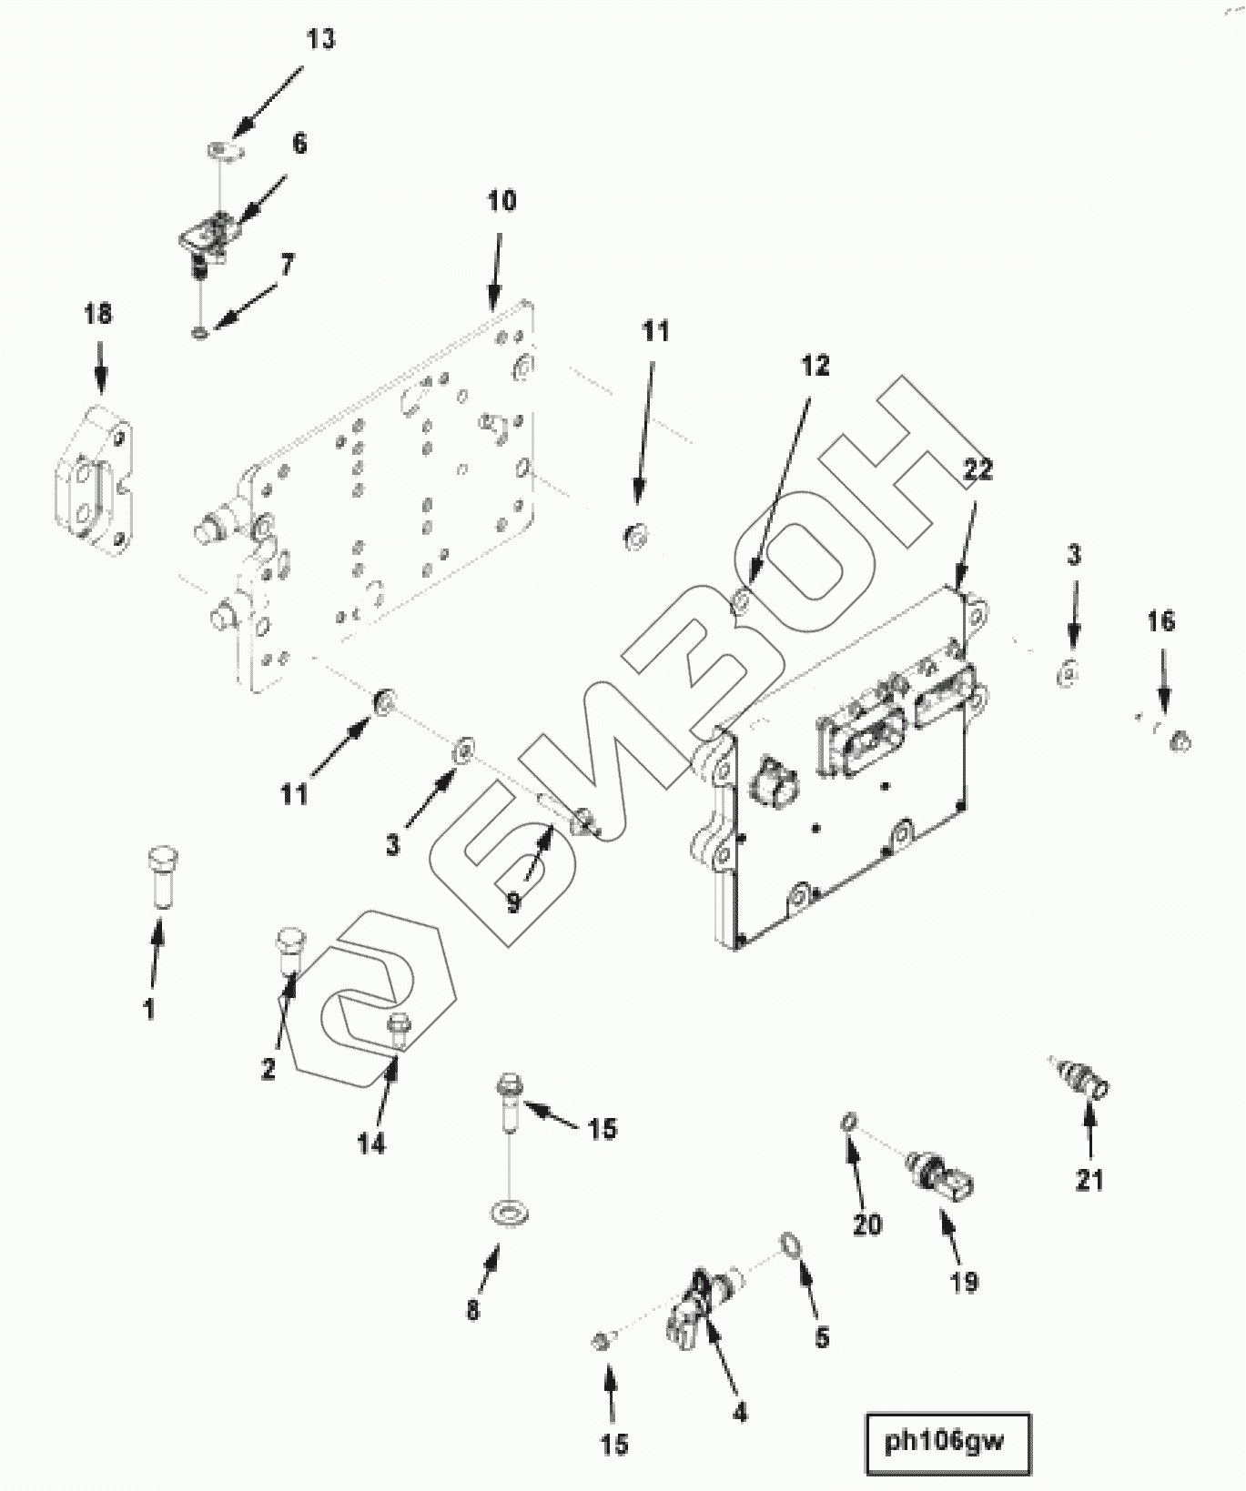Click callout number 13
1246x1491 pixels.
pyautogui.click(x=320, y=40)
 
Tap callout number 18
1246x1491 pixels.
pyautogui.click(x=98, y=314)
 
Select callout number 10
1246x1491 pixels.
pyautogui.click(x=501, y=201)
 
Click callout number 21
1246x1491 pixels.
pyautogui.click(x=1089, y=1180)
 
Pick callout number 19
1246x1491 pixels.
pyautogui.click(x=964, y=1282)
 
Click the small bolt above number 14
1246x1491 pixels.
pyautogui.click(x=398, y=1026)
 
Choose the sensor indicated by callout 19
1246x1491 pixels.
pyautogui.click(x=942, y=1175)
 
